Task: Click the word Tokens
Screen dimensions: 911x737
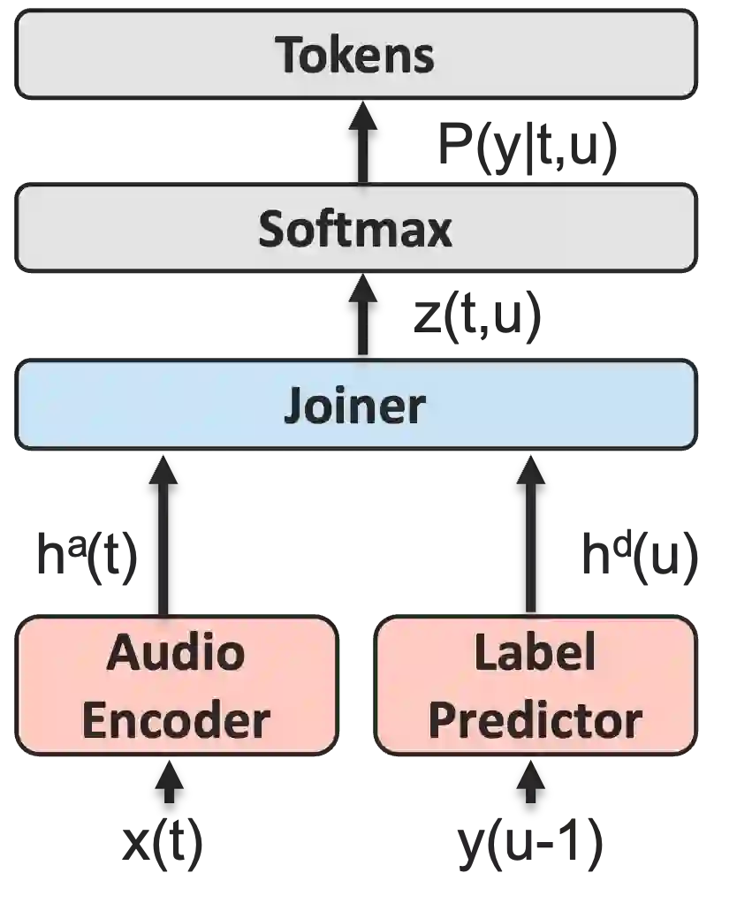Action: pyautogui.click(x=355, y=55)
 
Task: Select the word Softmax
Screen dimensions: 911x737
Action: pyautogui.click(x=355, y=230)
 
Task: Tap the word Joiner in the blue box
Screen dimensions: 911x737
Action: pyautogui.click(x=355, y=406)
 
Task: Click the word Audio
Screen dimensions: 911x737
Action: pyautogui.click(x=176, y=653)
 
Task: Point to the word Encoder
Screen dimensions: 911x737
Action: pyautogui.click(x=176, y=720)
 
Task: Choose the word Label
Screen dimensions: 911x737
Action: pyautogui.click(x=535, y=653)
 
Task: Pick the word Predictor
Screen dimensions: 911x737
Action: pyautogui.click(x=535, y=720)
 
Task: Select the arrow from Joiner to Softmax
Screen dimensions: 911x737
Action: pyautogui.click(x=362, y=315)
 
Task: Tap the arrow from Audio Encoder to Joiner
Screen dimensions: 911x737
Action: pyautogui.click(x=163, y=535)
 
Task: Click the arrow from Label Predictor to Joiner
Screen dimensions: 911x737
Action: pyautogui.click(x=532, y=535)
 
